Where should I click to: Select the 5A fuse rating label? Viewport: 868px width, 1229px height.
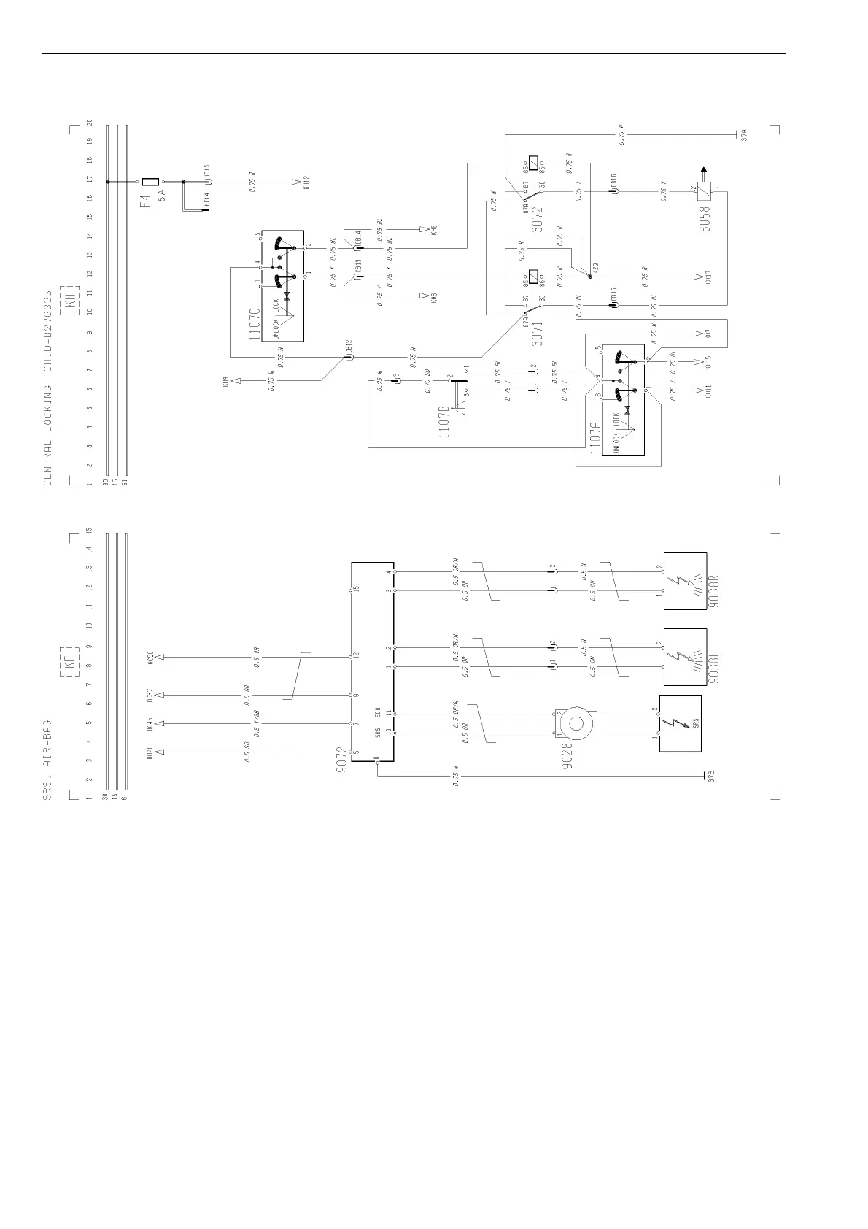click(x=162, y=195)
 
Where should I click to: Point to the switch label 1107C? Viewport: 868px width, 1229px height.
click(x=254, y=324)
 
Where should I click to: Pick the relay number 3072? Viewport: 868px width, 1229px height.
click(x=537, y=218)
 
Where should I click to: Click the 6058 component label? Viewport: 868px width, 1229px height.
click(x=705, y=217)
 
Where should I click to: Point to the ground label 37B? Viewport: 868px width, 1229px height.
click(x=711, y=777)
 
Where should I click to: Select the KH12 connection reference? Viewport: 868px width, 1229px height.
click(x=306, y=182)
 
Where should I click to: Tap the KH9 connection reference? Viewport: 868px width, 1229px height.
click(x=226, y=381)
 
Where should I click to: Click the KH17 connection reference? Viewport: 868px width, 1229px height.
click(x=708, y=277)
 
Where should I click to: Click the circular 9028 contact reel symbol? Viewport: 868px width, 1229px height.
click(x=576, y=723)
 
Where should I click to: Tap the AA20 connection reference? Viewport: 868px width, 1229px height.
click(x=150, y=752)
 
